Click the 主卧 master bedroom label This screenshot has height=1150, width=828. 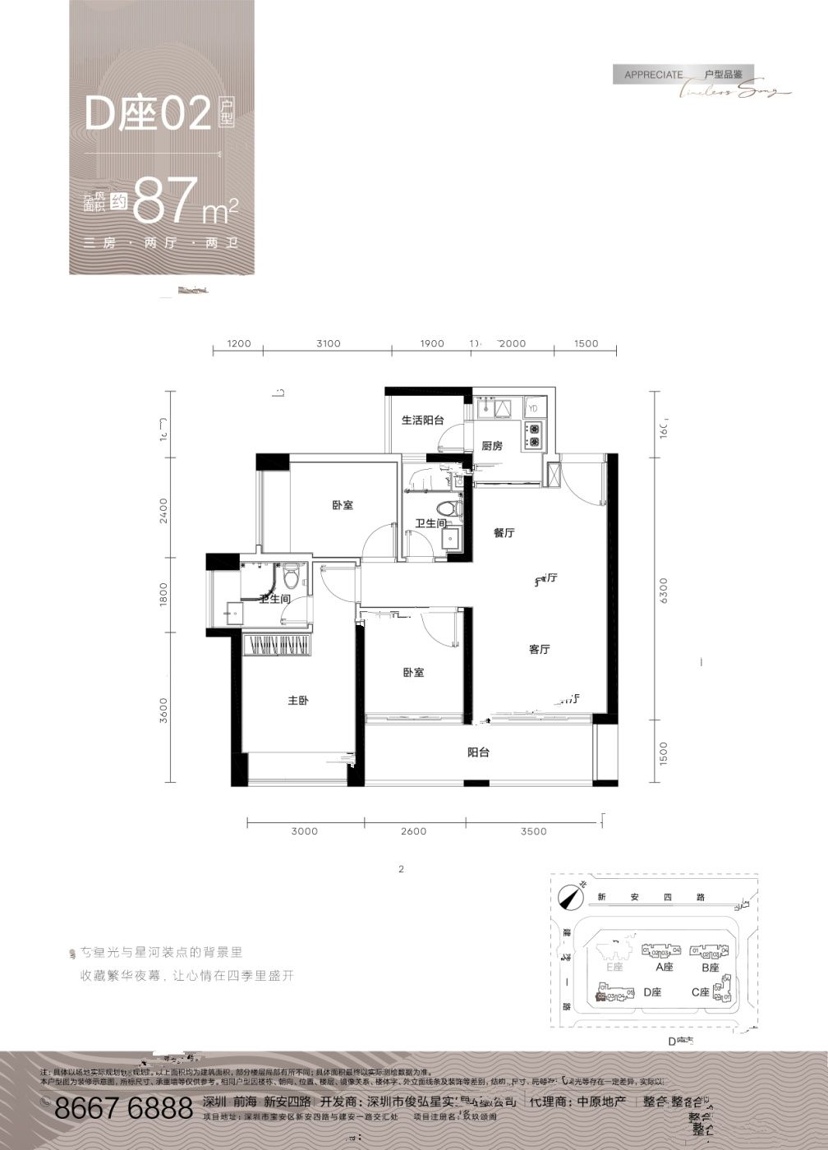[297, 701]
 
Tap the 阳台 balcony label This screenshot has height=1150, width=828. [478, 752]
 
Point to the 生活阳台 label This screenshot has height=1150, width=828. [422, 420]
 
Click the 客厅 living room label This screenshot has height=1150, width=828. [539, 650]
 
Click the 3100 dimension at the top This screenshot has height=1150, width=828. [327, 343]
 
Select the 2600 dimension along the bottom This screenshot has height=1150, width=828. [413, 831]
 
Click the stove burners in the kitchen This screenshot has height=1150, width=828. [534, 435]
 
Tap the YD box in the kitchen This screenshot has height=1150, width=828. [533, 407]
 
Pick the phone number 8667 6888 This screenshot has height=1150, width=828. [122, 1109]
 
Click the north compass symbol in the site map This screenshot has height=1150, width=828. [567, 897]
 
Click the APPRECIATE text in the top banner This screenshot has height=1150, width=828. [653, 74]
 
